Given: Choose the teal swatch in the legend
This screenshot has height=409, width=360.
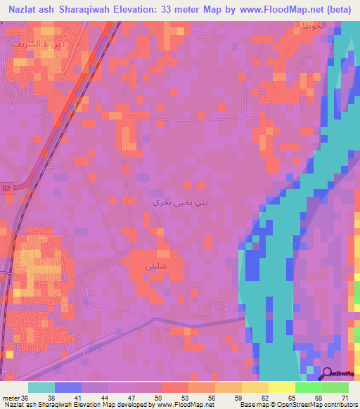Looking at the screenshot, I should (x=41, y=387).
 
